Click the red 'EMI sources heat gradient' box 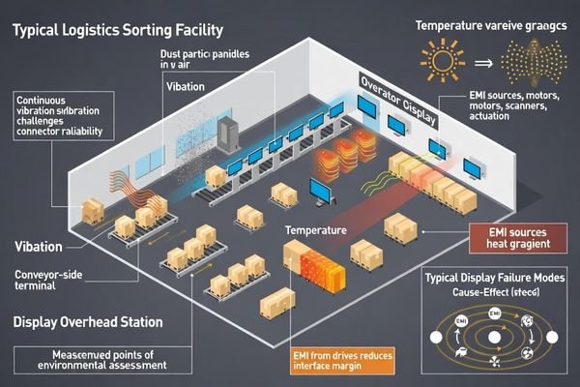point(518,239)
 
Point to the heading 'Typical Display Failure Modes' point(500,278)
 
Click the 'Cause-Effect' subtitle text point(500,292)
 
